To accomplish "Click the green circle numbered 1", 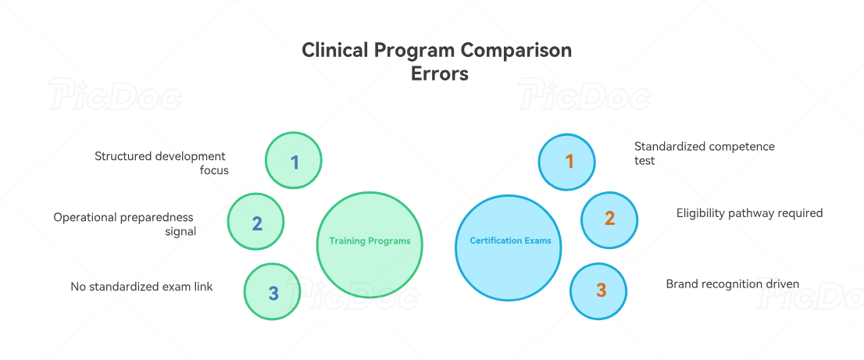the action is tap(294, 161).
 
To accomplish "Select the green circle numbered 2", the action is tap(256, 223).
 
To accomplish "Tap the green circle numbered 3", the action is tap(273, 292).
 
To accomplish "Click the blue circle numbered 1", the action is tap(568, 162).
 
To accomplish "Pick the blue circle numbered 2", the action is tap(609, 219).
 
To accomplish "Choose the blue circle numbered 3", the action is tap(599, 290).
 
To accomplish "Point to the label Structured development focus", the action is tap(161, 163).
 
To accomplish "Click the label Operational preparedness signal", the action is tap(123, 224).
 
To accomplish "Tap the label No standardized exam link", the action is tap(141, 287).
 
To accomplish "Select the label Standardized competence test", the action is tap(704, 153).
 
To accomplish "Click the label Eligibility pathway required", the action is tap(748, 212).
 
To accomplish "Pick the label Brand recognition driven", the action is tap(732, 284).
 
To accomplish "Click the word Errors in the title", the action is tap(439, 74).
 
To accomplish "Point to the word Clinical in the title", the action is tap(334, 50).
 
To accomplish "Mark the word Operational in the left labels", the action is tap(84, 217).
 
